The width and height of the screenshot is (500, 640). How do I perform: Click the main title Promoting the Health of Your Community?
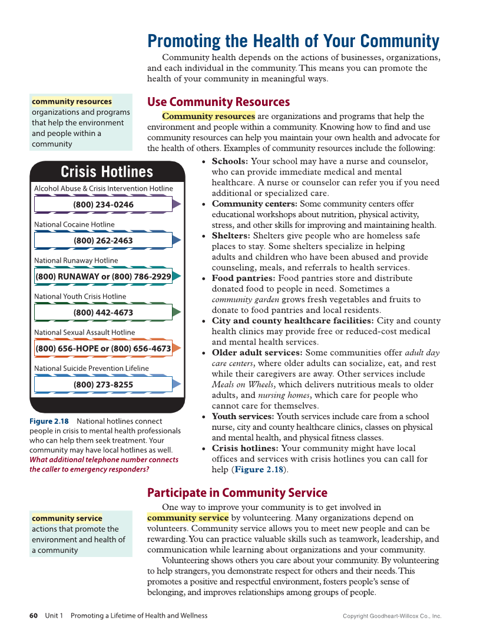pos(293,41)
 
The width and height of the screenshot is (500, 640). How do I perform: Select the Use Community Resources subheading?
pos(218,102)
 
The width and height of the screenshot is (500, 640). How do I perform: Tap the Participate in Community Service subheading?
pos(237,493)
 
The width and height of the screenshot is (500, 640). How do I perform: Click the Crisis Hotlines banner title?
pos(107,172)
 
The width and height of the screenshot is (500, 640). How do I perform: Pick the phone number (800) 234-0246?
pos(103,204)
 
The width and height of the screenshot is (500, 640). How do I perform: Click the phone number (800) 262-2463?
pos(103,240)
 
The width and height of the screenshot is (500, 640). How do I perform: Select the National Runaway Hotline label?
pos(76,260)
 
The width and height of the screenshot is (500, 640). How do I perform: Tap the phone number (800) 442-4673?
pos(103,313)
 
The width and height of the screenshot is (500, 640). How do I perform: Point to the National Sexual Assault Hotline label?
pos(84,332)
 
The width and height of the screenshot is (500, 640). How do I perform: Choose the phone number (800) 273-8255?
pos(103,384)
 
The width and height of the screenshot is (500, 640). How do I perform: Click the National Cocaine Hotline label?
pos(74,224)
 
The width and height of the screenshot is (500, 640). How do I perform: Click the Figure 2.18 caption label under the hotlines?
pos(49,421)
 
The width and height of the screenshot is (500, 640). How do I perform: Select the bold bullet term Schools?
pos(230,161)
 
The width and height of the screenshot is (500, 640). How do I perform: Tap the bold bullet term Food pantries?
pos(243,278)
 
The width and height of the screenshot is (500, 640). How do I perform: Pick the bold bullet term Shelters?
pos(231,236)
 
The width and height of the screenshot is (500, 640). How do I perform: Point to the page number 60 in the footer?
pos(34,615)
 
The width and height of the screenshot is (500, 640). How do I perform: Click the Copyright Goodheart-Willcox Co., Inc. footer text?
pos(392,616)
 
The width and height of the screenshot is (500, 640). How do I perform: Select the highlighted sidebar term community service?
pos(67,518)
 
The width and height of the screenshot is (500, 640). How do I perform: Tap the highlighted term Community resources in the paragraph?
pos(208,116)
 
